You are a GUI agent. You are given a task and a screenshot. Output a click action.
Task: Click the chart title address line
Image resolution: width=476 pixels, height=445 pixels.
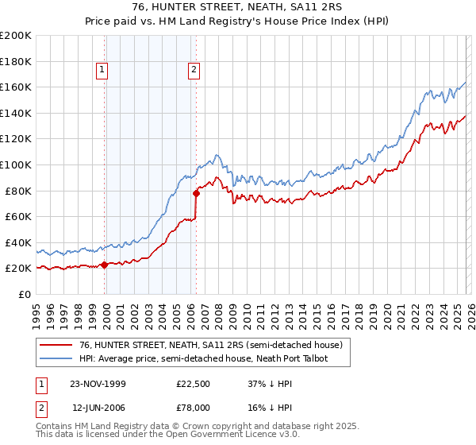[237, 7]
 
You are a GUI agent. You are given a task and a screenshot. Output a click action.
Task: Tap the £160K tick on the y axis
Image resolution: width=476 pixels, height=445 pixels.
[16, 87]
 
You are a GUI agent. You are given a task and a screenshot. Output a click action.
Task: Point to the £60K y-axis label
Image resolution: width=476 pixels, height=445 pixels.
[18, 216]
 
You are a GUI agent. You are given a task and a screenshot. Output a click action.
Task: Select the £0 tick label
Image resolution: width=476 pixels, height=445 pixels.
[24, 294]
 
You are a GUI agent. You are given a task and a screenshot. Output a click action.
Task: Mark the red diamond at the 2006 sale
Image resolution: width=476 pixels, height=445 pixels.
[196, 192]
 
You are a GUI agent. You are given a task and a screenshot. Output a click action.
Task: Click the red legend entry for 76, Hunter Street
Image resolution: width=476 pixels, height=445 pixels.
[210, 345]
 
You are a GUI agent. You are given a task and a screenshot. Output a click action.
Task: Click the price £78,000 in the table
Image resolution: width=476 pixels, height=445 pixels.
[194, 407]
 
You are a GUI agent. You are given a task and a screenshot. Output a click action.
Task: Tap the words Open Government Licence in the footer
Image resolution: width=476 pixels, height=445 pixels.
[229, 435]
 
